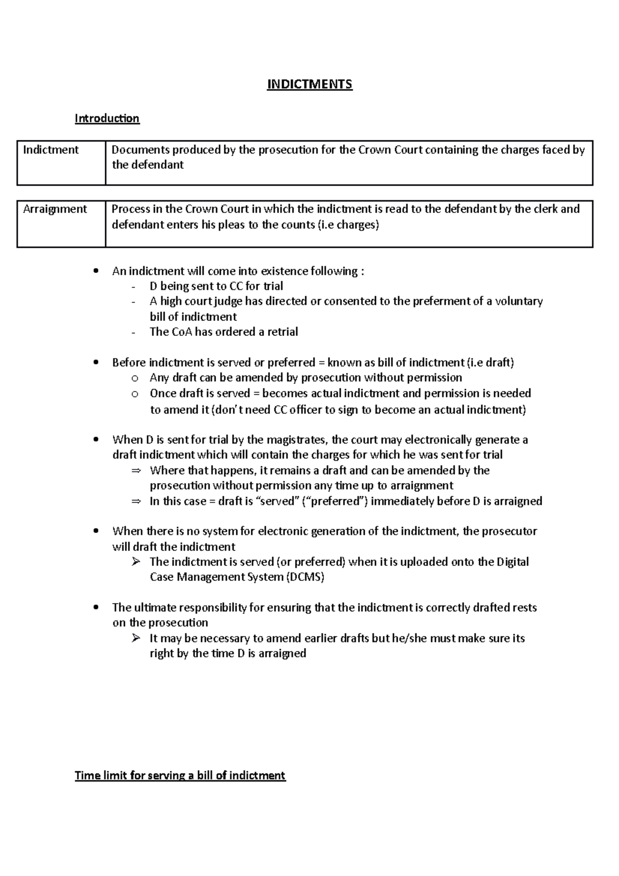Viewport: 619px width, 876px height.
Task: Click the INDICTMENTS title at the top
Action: click(x=309, y=84)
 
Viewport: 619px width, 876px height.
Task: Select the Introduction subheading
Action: click(x=107, y=119)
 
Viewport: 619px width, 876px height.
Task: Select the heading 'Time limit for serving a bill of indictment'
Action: click(x=180, y=775)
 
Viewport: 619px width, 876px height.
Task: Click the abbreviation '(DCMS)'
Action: click(x=305, y=577)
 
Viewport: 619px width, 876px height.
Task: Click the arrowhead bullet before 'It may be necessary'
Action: click(x=135, y=638)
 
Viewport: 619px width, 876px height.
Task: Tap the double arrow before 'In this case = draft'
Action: click(x=135, y=501)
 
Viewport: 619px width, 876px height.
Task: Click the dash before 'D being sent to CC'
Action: click(x=134, y=287)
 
